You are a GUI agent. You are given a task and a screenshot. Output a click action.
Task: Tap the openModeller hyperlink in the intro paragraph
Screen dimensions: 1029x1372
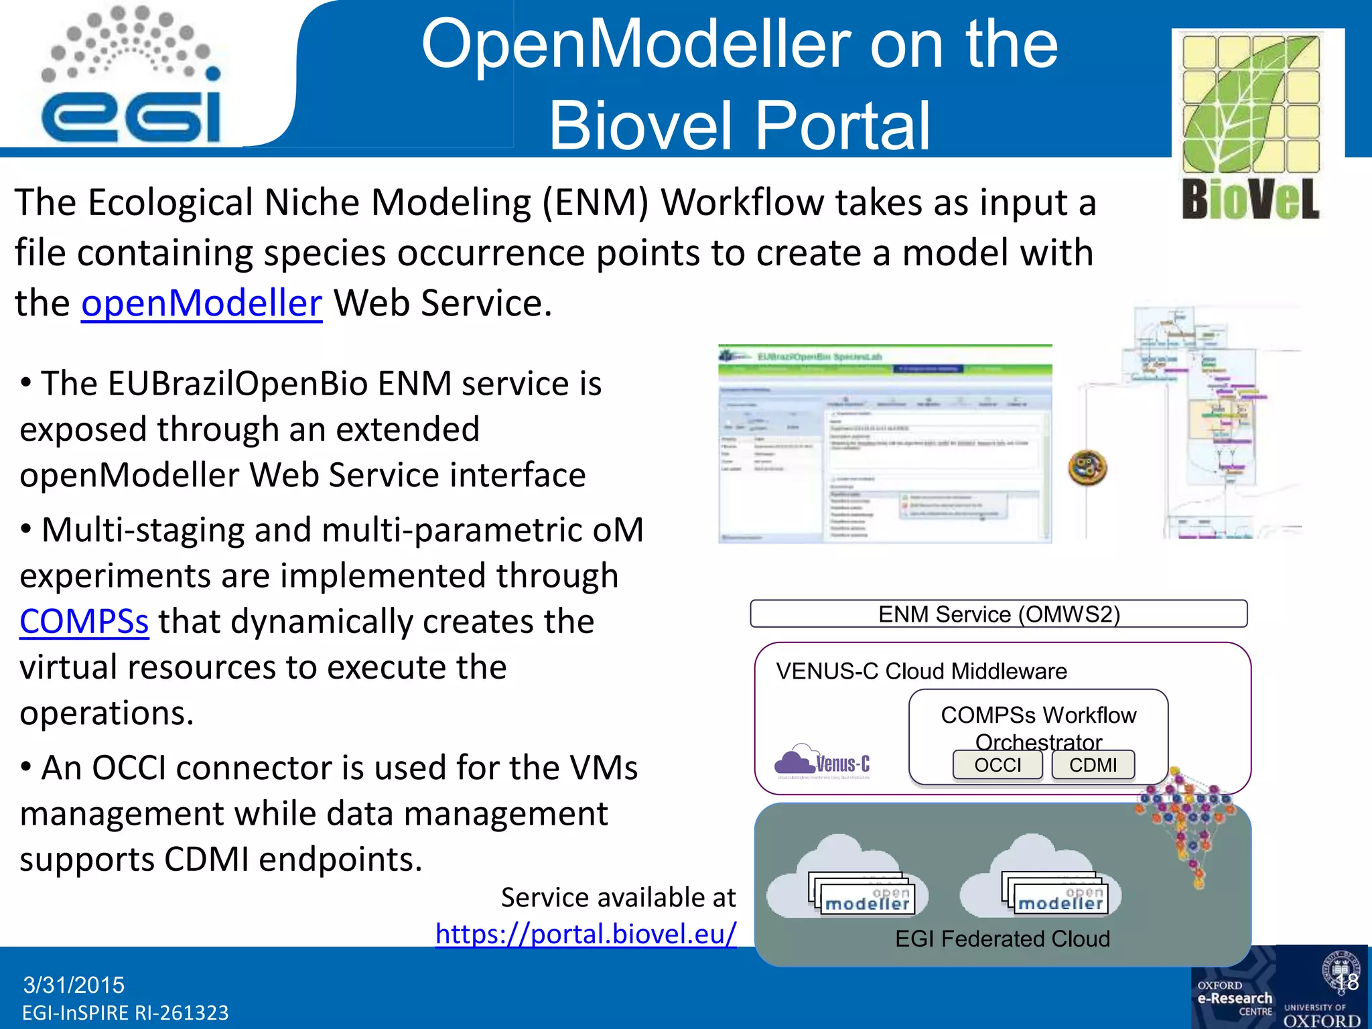point(201,303)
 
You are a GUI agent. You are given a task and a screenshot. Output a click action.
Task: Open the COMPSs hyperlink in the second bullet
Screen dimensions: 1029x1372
point(84,621)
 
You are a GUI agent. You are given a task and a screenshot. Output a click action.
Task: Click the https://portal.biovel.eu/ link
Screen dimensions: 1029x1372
point(586,933)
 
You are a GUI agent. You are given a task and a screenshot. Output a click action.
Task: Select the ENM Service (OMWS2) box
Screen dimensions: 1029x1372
point(998,614)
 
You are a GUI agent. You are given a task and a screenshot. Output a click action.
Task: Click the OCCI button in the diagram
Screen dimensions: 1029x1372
point(998,764)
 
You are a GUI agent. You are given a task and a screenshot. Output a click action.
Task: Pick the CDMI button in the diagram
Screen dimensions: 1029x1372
point(1093,764)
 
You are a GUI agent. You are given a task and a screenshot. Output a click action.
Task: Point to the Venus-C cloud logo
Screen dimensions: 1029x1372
point(822,762)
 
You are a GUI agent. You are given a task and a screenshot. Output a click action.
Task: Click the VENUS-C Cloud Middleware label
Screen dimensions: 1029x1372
point(921,671)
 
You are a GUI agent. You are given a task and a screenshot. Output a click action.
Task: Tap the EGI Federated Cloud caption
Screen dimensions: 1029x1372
point(1002,939)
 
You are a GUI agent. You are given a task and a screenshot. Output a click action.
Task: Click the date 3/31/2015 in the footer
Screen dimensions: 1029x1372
point(74,985)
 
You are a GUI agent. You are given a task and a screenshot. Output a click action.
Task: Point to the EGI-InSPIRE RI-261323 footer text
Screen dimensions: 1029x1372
point(125,1013)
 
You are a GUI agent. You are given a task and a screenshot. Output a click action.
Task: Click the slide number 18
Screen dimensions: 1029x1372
point(1346,982)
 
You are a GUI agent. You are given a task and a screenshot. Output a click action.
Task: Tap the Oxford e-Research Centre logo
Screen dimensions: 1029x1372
point(1234,998)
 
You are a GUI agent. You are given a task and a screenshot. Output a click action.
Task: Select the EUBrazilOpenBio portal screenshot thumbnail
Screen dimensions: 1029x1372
point(884,443)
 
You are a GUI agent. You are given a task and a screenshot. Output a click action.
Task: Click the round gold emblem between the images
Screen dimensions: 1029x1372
point(1087,468)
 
